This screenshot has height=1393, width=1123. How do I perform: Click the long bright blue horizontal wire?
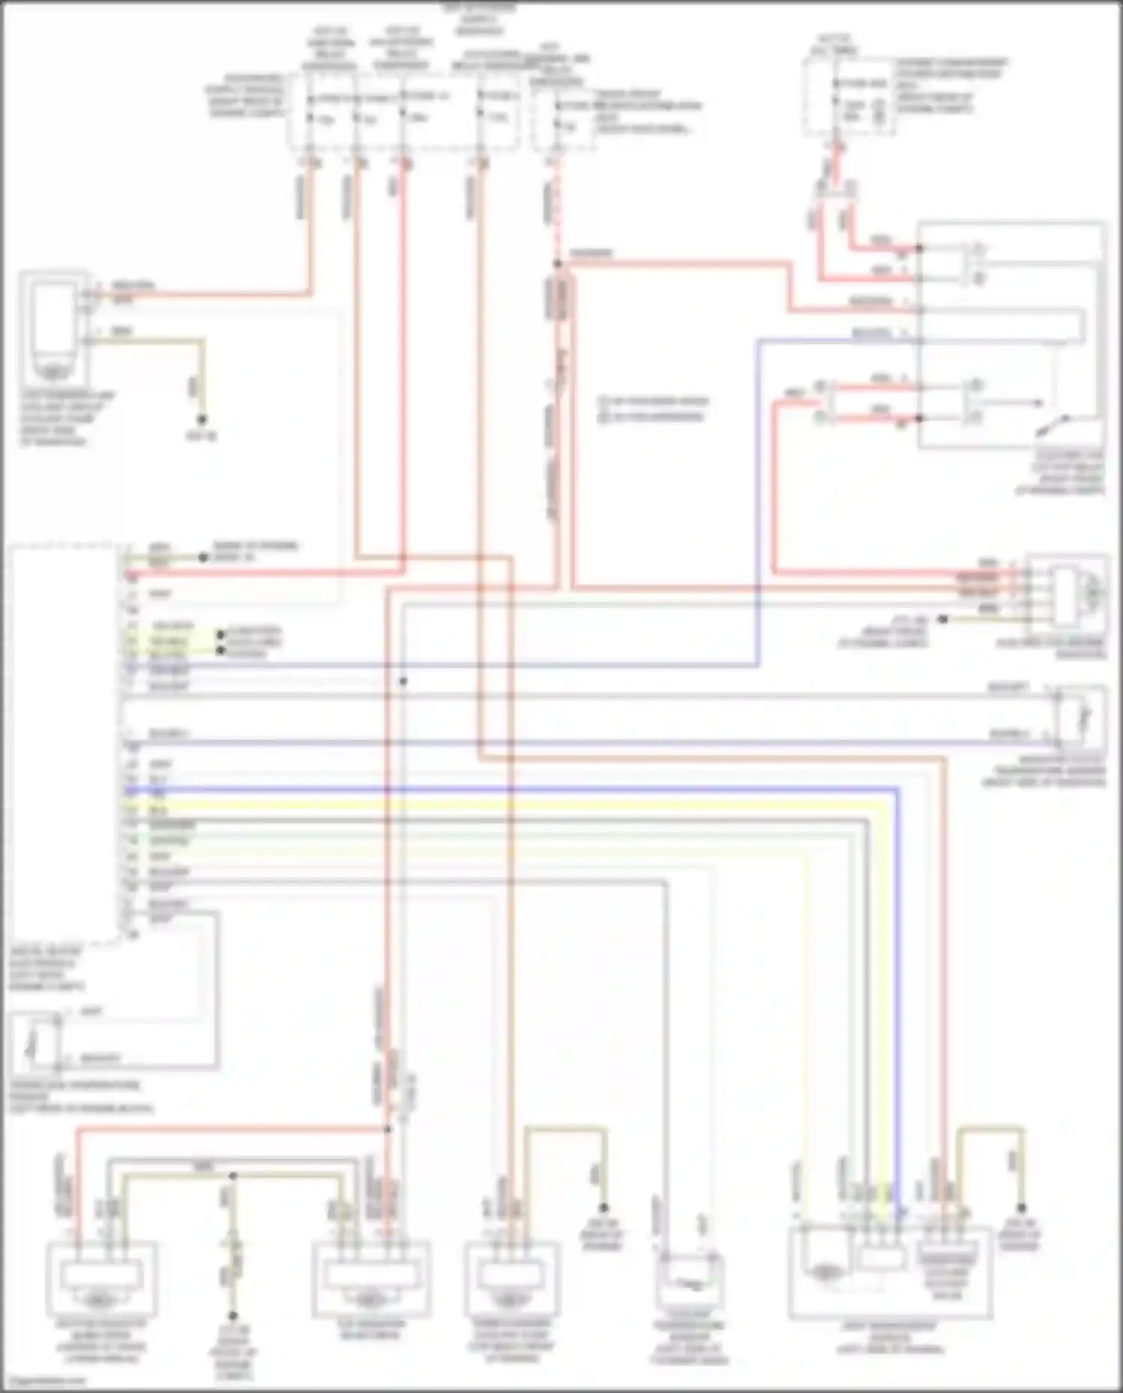524,789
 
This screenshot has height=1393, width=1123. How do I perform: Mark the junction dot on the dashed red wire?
557,263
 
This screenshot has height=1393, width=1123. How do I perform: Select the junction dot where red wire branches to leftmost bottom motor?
387,1129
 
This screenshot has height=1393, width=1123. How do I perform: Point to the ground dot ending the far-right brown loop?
1020,1208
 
